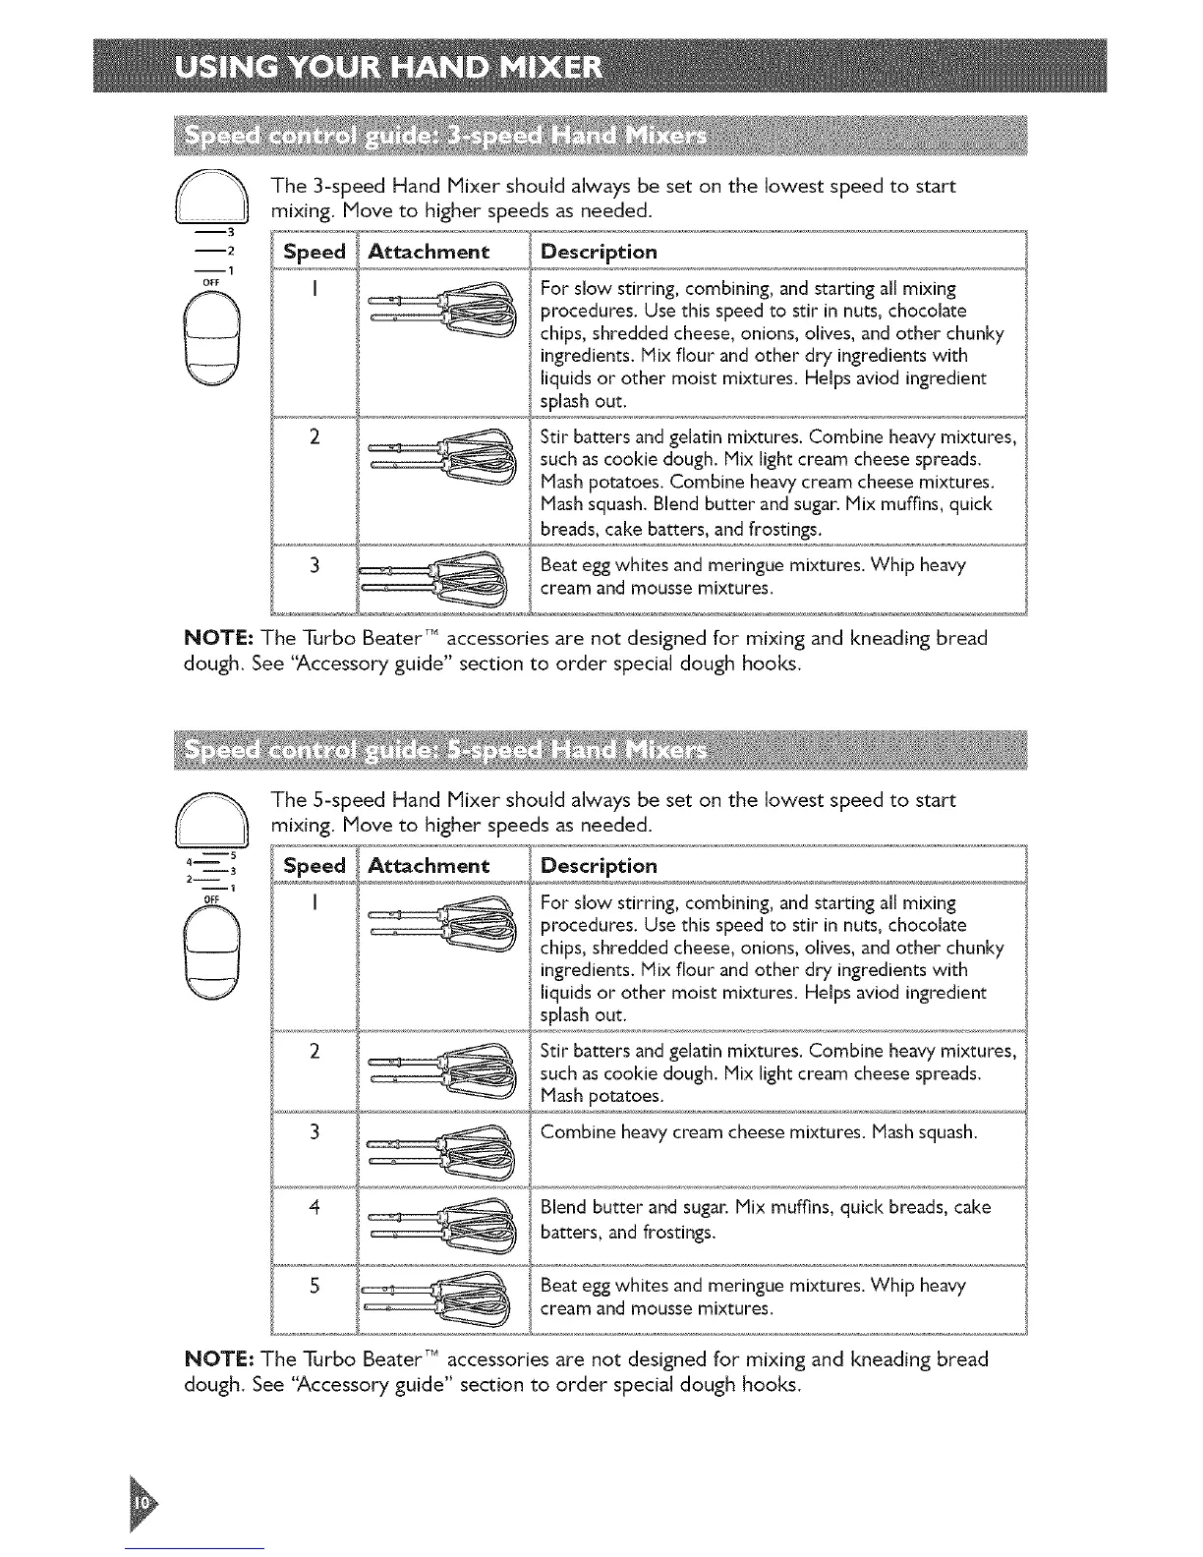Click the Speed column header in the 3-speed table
(x=314, y=252)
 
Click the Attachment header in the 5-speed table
(x=428, y=866)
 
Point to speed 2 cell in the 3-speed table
(x=314, y=437)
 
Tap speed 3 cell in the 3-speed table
(x=314, y=565)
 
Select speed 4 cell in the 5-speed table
(x=314, y=1207)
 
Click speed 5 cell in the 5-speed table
(x=314, y=1286)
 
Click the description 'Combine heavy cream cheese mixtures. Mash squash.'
(x=759, y=1132)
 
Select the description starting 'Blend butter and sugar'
(x=765, y=1219)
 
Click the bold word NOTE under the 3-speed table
(x=220, y=639)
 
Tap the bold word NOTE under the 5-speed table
(x=220, y=1360)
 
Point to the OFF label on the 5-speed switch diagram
(x=209, y=898)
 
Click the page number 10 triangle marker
(x=143, y=1503)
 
